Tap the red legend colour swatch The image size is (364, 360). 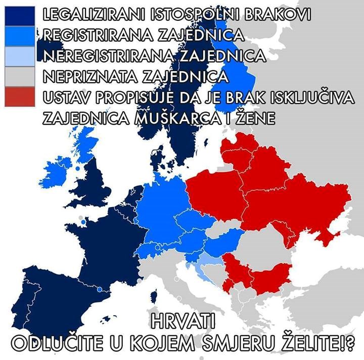(20, 96)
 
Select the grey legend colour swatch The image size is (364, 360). (20, 76)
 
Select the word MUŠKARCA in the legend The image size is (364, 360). (161, 118)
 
